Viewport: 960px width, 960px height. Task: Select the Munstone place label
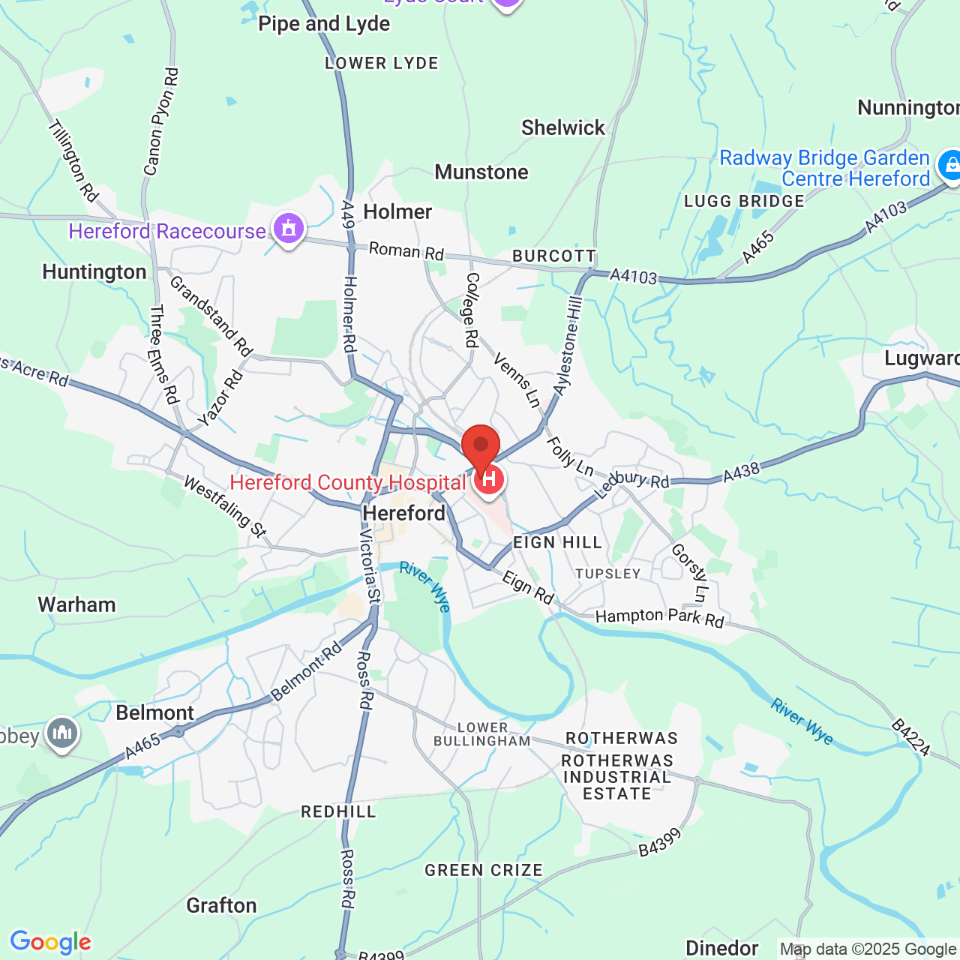point(481,172)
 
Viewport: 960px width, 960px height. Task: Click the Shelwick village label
point(563,128)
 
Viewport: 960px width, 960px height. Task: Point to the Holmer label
point(397,212)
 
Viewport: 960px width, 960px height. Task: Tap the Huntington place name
point(94,272)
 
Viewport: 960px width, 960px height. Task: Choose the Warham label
point(77,605)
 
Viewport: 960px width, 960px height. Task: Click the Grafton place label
point(221,906)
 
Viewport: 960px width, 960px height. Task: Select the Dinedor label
point(722,949)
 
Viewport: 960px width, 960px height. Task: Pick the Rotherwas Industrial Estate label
point(617,777)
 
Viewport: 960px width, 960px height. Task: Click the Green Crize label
point(484,871)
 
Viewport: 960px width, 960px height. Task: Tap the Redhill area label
point(338,812)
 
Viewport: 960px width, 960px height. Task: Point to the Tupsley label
point(608,574)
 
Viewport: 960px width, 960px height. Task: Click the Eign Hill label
point(558,543)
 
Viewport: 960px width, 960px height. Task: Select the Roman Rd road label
point(406,251)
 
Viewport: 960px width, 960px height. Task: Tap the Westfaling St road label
point(225,508)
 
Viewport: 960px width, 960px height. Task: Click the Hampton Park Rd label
point(660,618)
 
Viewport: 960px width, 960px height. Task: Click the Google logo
point(51,942)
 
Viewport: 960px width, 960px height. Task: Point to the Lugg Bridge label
point(744,202)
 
